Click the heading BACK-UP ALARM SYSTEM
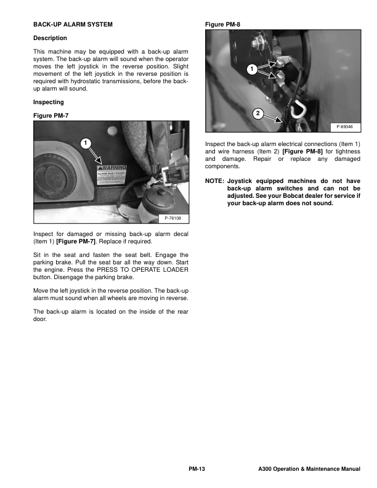(72, 25)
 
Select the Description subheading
(49, 38)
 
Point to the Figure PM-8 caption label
(222, 25)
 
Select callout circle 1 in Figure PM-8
(251, 70)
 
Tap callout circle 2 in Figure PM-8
(258, 113)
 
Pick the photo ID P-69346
(346, 126)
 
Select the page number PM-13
(196, 470)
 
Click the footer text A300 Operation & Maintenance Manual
(309, 470)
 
